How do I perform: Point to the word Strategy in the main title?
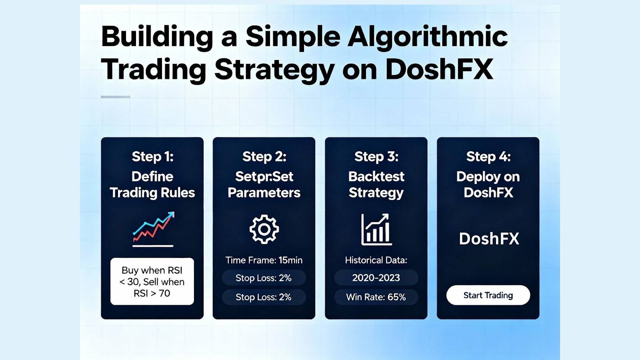(x=274, y=70)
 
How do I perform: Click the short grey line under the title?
(x=116, y=97)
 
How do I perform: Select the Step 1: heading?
(x=152, y=156)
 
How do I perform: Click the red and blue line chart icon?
(x=153, y=229)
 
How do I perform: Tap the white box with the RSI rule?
(x=152, y=282)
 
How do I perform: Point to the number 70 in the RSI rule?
(x=164, y=294)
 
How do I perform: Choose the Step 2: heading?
(x=264, y=156)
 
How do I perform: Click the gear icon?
(x=264, y=229)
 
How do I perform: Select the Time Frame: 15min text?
(x=264, y=260)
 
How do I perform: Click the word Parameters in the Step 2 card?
(x=264, y=192)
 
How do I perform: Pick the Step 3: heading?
(x=376, y=156)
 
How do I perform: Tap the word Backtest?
(x=376, y=176)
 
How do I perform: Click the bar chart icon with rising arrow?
(x=376, y=229)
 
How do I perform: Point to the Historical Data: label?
(x=376, y=260)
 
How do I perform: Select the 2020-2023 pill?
(x=376, y=278)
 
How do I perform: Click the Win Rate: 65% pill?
(x=376, y=297)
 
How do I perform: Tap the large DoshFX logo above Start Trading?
(x=489, y=238)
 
